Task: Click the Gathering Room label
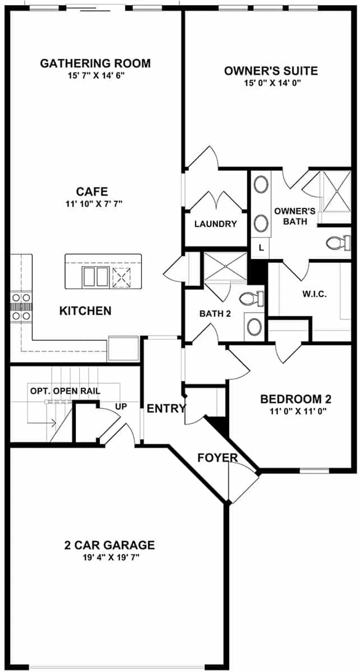click(x=95, y=64)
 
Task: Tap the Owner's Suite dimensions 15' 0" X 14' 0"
click(x=273, y=83)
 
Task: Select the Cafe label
click(x=92, y=192)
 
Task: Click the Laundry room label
click(x=216, y=224)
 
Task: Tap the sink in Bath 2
click(x=254, y=327)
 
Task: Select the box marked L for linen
click(x=261, y=248)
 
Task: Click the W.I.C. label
click(x=314, y=294)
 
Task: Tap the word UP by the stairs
click(x=121, y=406)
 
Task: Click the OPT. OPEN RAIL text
click(x=65, y=391)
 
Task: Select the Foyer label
click(x=217, y=458)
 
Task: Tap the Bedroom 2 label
click(x=296, y=399)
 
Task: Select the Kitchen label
click(x=85, y=311)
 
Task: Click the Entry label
click(x=166, y=408)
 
